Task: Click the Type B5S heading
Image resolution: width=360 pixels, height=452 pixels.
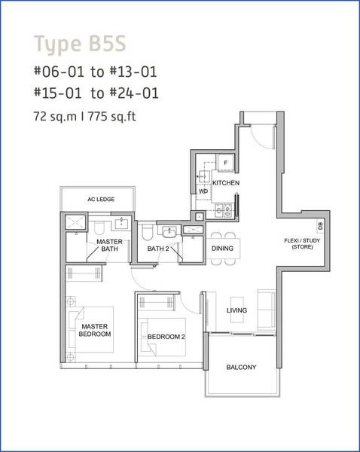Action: [80, 44]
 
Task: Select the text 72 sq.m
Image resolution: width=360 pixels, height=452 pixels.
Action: [55, 117]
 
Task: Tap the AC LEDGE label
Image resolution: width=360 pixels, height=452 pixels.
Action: [101, 199]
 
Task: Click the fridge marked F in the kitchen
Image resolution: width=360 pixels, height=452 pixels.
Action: [225, 163]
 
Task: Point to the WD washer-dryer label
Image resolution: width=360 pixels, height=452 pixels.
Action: [203, 191]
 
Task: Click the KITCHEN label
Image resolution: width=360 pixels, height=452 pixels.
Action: [226, 183]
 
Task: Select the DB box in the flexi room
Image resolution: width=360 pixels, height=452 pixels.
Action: [320, 226]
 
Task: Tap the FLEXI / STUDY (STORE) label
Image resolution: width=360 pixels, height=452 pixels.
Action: [302, 243]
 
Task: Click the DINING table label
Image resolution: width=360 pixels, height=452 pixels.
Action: [222, 248]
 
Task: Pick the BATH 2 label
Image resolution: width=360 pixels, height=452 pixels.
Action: [158, 249]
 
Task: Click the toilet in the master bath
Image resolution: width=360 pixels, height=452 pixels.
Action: [99, 228]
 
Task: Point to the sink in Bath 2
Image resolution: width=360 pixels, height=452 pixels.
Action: [169, 232]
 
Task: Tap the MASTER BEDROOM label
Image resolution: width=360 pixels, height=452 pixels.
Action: [95, 330]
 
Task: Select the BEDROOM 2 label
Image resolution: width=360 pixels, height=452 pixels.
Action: [166, 337]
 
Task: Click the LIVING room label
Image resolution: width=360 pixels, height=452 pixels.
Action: [236, 310]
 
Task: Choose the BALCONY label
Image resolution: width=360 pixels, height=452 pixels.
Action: [241, 367]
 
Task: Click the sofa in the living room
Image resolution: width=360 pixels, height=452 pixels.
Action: [267, 310]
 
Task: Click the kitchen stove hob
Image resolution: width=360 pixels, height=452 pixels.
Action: [224, 210]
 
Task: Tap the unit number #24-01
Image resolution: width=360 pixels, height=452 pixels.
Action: [134, 93]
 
